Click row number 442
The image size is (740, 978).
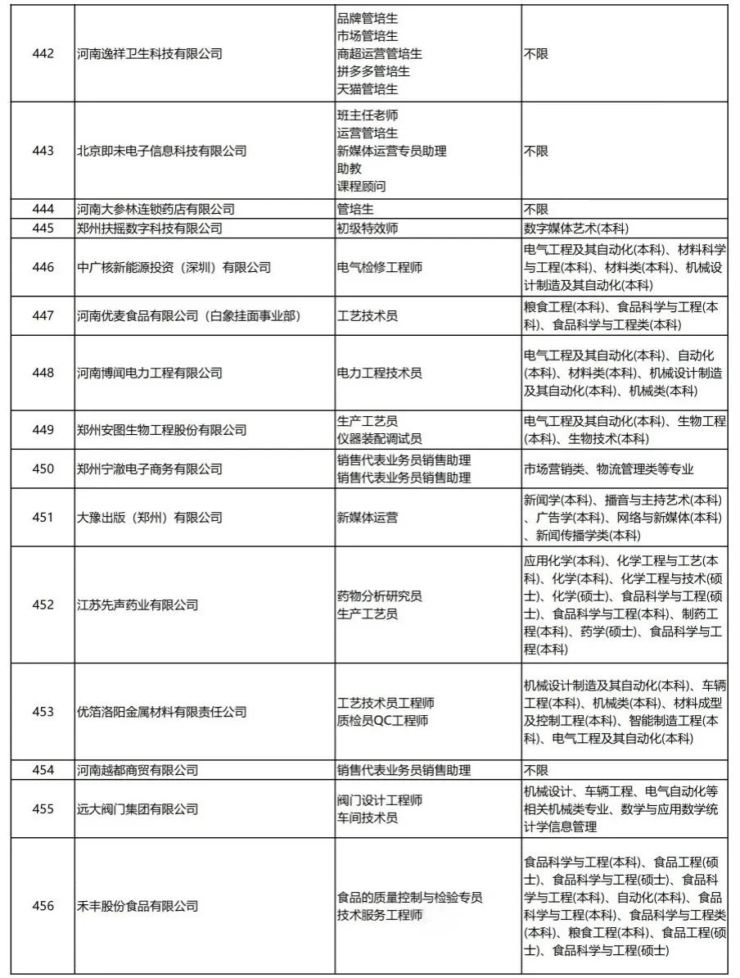coord(43,54)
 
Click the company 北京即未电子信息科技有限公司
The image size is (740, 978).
coord(160,151)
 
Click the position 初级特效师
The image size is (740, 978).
coord(368,229)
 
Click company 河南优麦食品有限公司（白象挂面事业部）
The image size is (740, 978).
coord(187,315)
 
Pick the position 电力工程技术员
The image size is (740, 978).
coord(380,373)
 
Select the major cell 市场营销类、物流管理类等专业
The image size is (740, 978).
coord(608,469)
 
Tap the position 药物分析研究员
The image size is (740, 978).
coord(380,596)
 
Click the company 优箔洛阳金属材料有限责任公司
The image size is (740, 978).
coord(160,712)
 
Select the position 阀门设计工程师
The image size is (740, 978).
coord(380,800)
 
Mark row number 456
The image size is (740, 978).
coord(43,906)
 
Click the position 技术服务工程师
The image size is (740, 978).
coord(380,915)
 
